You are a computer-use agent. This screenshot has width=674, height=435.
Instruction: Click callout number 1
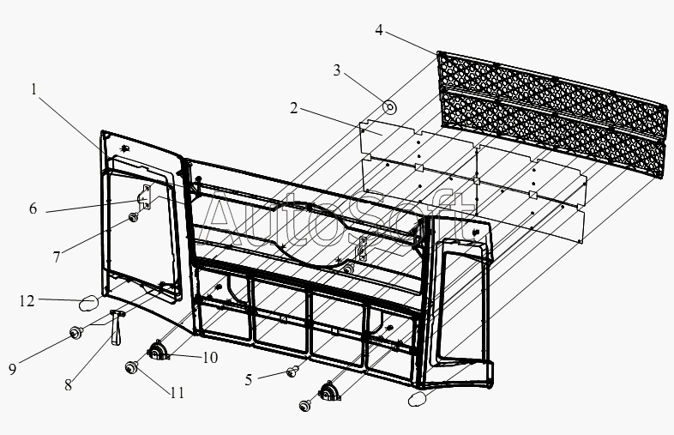(x=34, y=89)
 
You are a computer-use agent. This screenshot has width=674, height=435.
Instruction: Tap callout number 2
(x=293, y=108)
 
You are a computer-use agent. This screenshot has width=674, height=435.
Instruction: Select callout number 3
(x=336, y=70)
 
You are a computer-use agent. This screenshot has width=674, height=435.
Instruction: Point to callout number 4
(x=379, y=30)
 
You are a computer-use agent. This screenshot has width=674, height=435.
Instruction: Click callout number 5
(x=249, y=380)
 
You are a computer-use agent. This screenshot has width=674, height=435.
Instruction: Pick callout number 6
(x=33, y=208)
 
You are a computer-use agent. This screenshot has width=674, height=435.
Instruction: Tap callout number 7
(x=57, y=257)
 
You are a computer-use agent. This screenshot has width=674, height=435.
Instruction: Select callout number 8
(x=69, y=385)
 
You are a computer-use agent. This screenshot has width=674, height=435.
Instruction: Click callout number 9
(x=13, y=369)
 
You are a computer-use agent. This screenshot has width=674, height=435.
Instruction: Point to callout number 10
(x=210, y=358)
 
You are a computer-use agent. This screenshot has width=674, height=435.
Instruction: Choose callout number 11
(x=178, y=393)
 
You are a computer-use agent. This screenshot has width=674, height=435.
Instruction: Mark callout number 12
(x=27, y=301)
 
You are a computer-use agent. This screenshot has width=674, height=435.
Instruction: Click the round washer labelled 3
(x=390, y=107)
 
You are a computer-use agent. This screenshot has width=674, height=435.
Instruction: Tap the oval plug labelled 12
(x=88, y=305)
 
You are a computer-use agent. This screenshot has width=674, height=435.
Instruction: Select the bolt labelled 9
(x=76, y=333)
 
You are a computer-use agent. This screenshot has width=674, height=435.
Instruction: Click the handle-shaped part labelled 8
(x=116, y=327)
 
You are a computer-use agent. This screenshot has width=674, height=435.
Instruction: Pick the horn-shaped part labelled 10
(x=158, y=350)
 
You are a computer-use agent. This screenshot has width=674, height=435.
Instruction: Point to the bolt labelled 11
(x=130, y=367)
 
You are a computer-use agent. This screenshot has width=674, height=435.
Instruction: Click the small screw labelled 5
(x=292, y=371)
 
